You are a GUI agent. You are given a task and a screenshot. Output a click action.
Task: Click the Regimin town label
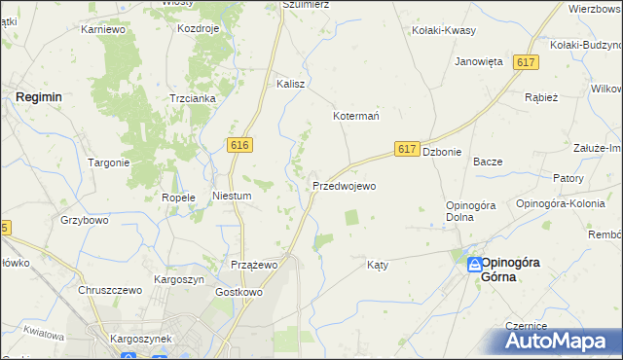tap(39, 97)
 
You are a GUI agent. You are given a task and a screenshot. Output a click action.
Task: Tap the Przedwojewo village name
tap(344, 185)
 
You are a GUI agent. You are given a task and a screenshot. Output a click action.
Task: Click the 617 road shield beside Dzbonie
tap(408, 149)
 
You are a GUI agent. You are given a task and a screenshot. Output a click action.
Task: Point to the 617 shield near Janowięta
tap(527, 62)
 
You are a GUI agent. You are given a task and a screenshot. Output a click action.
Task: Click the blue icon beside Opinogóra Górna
tap(474, 264)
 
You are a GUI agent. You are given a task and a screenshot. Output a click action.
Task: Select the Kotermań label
tap(356, 115)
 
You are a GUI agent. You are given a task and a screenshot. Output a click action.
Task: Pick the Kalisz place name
tap(291, 84)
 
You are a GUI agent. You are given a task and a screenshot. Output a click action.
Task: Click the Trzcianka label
tap(192, 98)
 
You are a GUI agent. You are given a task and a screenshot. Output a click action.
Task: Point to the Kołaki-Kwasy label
tap(444, 30)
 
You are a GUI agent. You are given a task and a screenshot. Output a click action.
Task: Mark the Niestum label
tap(233, 196)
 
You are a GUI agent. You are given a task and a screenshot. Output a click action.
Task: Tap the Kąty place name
tap(378, 264)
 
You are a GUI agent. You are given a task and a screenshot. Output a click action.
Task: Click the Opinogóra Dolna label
tap(472, 210)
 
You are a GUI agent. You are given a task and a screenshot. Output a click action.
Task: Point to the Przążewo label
tap(255, 264)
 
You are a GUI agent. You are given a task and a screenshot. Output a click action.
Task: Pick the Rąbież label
tap(540, 97)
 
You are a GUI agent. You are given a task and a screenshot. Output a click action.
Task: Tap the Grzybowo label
tap(83, 221)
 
